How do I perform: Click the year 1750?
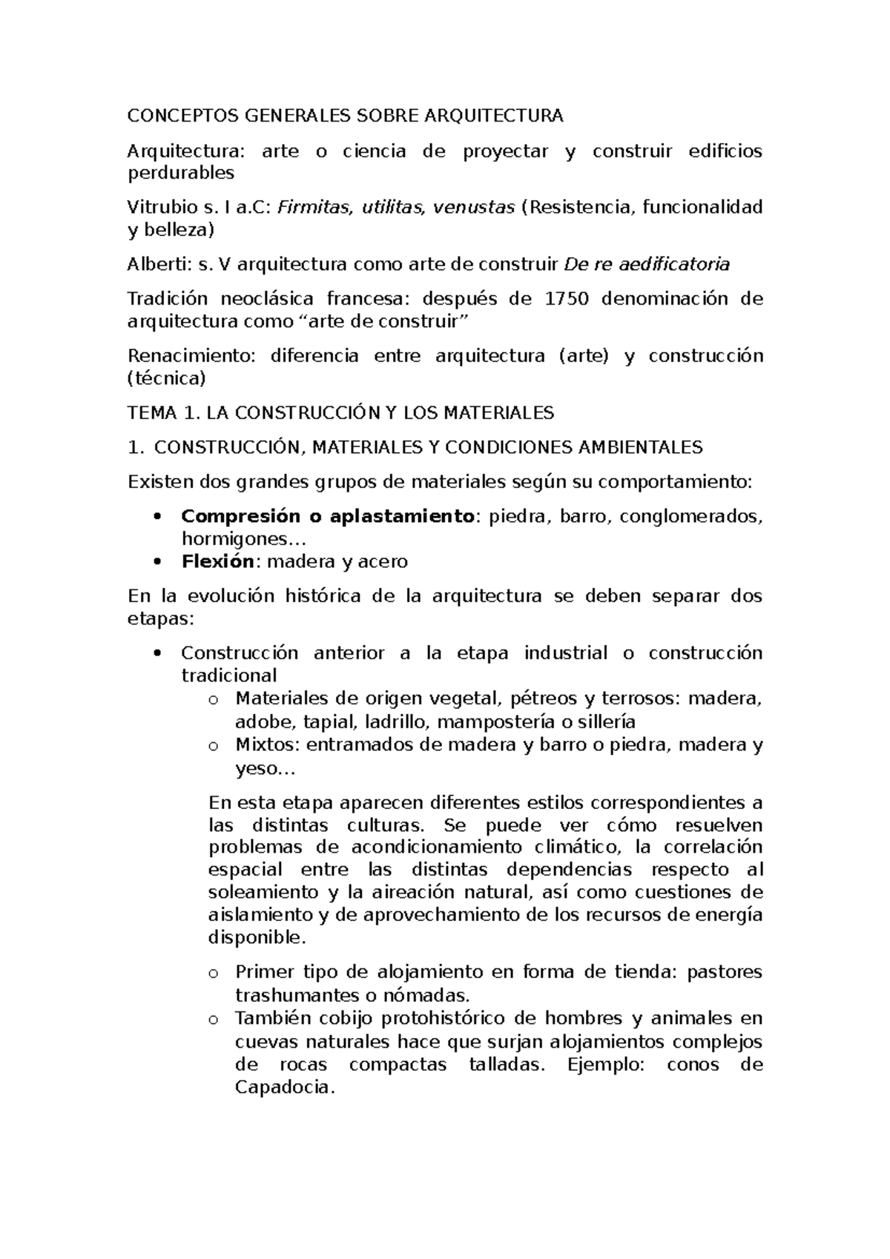[567, 299]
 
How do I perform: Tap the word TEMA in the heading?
[148, 412]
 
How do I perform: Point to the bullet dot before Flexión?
[156, 561]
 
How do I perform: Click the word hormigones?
[237, 539]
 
